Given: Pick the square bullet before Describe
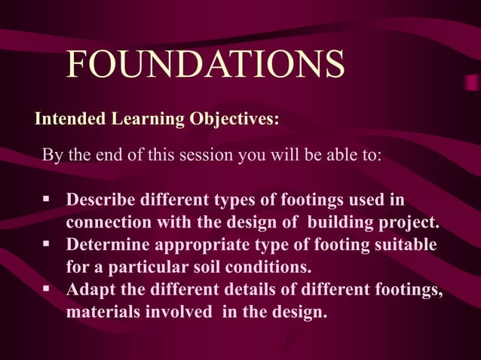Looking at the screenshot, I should click(x=47, y=200).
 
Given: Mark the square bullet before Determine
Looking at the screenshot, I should click(x=47, y=245).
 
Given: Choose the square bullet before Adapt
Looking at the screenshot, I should click(x=47, y=288).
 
